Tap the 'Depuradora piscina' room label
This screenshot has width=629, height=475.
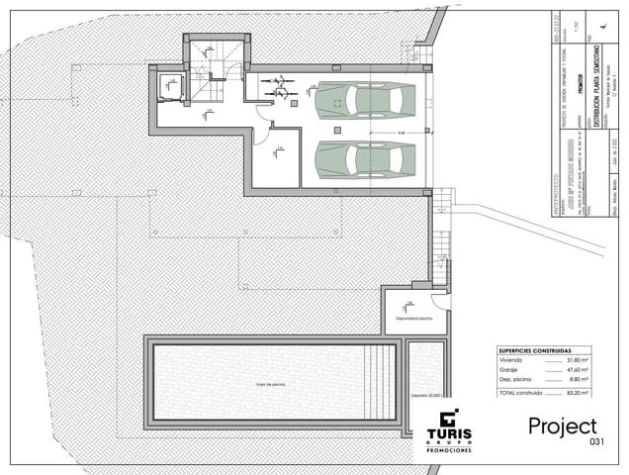point(414,320)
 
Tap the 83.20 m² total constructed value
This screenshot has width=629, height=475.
point(577,393)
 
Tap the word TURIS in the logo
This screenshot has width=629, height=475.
point(448,433)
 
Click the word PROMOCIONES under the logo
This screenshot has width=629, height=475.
point(448,450)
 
